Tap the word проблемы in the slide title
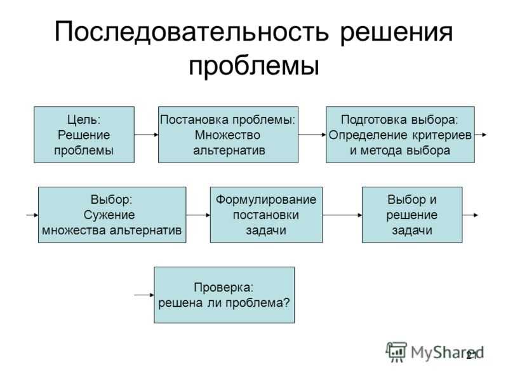253,65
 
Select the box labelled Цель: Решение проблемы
84,135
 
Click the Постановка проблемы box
228,135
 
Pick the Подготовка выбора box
400,135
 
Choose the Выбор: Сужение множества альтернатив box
112,215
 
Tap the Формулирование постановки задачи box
266,215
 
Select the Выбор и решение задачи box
412,215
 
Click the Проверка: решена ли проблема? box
224,295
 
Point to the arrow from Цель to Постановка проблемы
146,135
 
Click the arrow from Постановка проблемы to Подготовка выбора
312,135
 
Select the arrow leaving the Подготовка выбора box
481,135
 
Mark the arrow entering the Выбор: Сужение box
32,215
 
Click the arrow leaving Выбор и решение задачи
471,215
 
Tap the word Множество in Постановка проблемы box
228,135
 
